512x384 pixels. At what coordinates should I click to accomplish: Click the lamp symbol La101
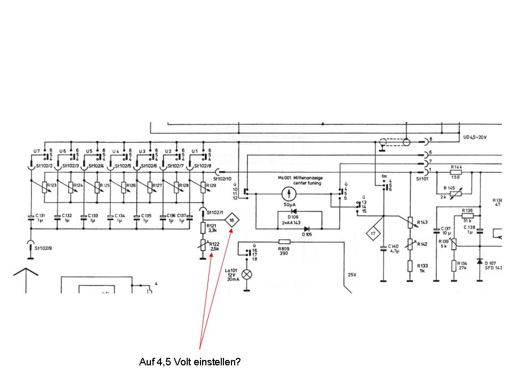(x=247, y=274)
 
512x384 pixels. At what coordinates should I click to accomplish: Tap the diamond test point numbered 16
(x=231, y=220)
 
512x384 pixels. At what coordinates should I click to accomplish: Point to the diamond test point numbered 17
(x=372, y=233)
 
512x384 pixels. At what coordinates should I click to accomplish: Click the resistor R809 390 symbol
(x=284, y=242)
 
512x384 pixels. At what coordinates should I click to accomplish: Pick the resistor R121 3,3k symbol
(x=203, y=228)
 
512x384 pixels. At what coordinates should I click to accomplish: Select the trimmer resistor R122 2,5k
(x=203, y=246)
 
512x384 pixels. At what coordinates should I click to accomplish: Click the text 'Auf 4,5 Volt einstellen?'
(x=190, y=362)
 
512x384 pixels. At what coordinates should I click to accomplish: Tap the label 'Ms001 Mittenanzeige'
(x=300, y=178)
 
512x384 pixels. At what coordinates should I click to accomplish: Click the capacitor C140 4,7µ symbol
(x=383, y=249)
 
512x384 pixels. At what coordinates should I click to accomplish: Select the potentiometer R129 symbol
(x=203, y=188)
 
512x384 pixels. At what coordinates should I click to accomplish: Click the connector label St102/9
(x=44, y=248)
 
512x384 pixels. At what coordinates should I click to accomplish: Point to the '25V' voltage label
(x=351, y=275)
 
